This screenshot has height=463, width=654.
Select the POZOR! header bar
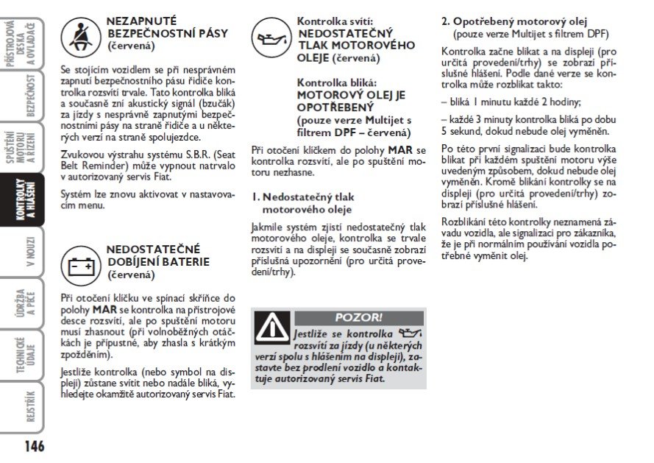pos(358,317)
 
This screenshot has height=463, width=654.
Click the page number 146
pos(33,445)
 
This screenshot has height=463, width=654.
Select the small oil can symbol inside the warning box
pos(405,333)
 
